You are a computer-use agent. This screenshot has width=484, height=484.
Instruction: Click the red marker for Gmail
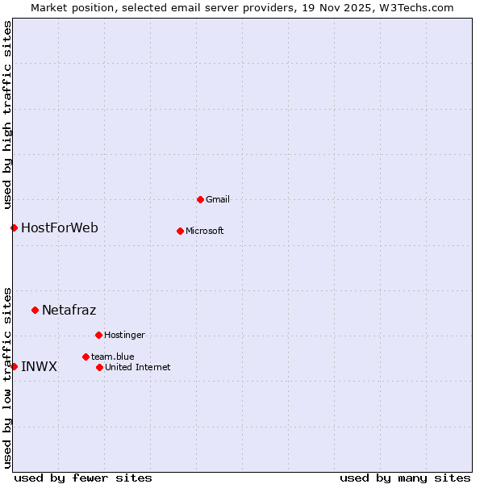200,199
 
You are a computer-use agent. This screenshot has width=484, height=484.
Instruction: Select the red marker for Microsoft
180,231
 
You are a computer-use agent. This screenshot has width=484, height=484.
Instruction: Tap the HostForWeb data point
14,227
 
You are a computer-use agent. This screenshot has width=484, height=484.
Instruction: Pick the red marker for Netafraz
35,310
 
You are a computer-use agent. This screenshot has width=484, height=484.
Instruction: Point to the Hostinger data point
98,335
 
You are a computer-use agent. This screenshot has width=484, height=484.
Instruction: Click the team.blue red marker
86,357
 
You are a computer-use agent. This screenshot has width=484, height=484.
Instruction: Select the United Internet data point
99,367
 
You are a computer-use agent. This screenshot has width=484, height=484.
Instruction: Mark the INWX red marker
14,366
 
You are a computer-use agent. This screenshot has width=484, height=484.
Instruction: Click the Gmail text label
218,199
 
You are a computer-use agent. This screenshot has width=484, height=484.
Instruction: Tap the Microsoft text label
205,231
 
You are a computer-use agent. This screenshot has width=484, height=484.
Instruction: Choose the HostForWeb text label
60,227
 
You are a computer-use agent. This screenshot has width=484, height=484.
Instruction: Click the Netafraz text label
69,310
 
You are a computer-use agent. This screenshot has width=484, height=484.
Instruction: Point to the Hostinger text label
124,335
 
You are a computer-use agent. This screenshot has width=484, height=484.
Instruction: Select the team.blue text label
112,357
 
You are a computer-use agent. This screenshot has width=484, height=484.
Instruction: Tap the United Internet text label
137,367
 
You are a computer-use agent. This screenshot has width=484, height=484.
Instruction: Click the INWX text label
39,366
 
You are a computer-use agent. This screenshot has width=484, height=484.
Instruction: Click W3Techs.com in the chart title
417,7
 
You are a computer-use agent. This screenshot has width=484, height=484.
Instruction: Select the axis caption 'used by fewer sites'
83,478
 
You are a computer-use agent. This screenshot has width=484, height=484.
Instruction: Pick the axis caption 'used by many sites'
405,478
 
